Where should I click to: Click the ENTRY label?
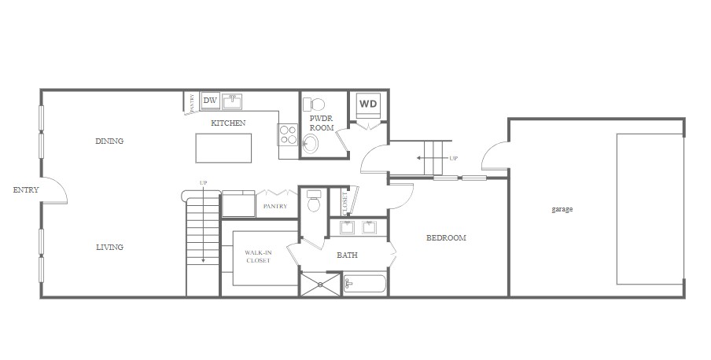point(26,190)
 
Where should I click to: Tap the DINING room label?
point(109,141)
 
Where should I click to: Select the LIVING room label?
point(109,248)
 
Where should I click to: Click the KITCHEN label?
point(228,123)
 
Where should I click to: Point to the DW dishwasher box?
point(210,101)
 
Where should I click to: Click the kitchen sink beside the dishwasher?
point(231,101)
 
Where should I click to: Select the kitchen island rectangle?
point(224,147)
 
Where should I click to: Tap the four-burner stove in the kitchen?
point(288,135)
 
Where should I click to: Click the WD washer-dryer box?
point(368,104)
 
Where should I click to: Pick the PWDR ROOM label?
point(322,123)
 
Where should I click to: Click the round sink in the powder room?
point(311,143)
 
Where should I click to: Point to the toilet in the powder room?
point(316,104)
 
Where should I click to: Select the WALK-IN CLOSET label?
point(258,256)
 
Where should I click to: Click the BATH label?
point(348,255)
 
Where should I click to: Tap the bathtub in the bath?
point(365,284)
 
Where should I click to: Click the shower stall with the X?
point(321,284)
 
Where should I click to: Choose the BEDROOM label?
point(446,238)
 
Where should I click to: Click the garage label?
point(562,210)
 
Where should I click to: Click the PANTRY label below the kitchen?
point(275,207)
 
